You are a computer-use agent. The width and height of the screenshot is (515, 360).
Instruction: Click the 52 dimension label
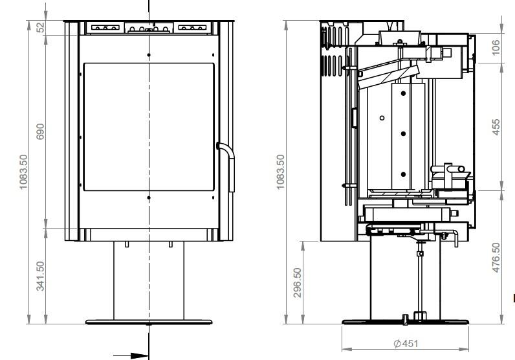40,27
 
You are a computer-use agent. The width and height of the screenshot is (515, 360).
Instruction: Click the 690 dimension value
40,131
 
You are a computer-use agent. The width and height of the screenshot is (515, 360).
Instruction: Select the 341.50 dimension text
40,276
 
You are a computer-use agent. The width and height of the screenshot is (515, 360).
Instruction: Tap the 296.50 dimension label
297,282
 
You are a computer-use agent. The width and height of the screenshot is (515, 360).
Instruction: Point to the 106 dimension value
496,47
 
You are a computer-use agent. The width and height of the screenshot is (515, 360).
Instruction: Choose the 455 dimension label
496,127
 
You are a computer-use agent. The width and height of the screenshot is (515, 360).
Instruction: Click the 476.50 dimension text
496,258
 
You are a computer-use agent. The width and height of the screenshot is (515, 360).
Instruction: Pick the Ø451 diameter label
406,344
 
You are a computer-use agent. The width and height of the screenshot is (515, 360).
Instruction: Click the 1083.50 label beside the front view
24,172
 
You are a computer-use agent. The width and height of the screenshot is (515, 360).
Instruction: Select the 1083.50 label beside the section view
280,172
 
